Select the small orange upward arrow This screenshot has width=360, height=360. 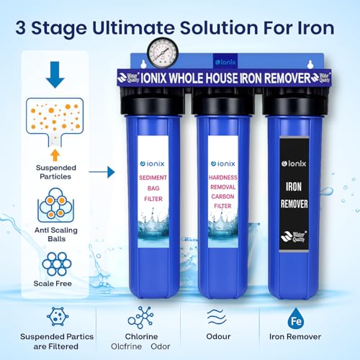pyautogui.click(x=55, y=153)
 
